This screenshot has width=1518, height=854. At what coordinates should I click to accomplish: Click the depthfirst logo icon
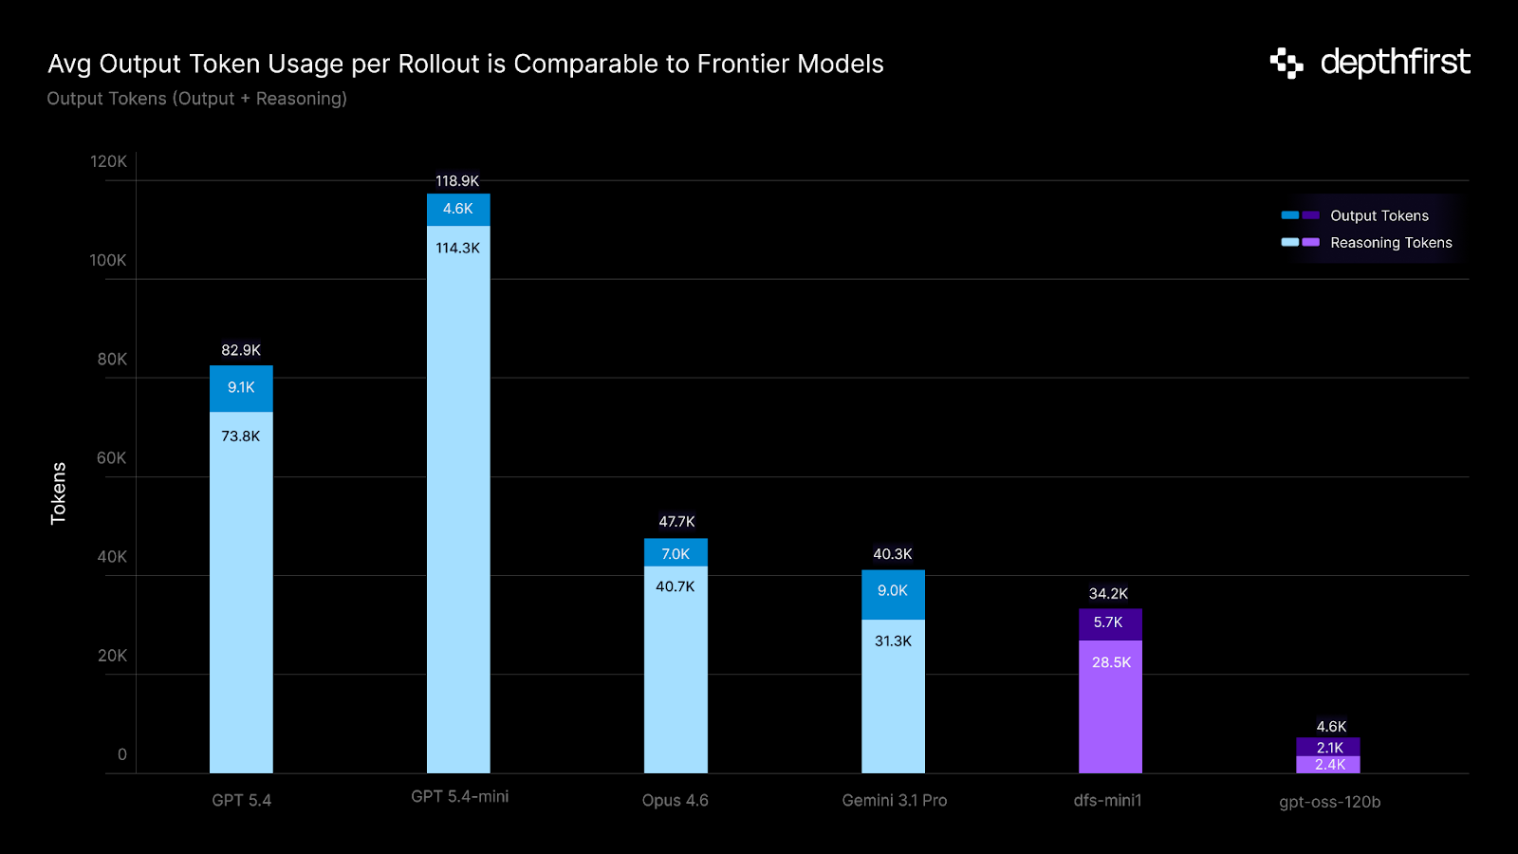(x=1287, y=63)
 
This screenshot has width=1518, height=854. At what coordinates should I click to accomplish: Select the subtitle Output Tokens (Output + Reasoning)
(x=196, y=99)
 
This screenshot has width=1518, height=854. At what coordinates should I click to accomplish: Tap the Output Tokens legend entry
(x=1379, y=215)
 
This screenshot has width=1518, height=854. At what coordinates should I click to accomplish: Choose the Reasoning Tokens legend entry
(x=1390, y=243)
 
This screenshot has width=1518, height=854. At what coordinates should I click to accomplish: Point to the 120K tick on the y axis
(x=108, y=161)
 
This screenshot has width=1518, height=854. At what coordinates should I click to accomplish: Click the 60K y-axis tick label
(x=111, y=457)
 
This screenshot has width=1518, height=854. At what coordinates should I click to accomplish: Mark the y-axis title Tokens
(x=59, y=493)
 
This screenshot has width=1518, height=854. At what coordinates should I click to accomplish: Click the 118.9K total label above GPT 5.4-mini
(x=457, y=180)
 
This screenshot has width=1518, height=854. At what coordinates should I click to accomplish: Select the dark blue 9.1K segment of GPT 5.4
(x=241, y=388)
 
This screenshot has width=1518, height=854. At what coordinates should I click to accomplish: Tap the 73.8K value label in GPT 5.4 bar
(x=240, y=436)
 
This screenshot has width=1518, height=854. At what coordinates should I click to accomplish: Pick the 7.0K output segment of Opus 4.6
(x=676, y=553)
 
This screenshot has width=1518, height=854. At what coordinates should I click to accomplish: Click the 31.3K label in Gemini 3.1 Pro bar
(x=893, y=641)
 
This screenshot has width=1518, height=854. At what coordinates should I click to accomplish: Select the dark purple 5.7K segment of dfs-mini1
(x=1108, y=623)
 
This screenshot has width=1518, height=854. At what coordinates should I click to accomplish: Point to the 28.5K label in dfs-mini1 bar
(x=1111, y=662)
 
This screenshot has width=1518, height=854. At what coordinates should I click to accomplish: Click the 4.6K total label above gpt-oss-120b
(x=1331, y=726)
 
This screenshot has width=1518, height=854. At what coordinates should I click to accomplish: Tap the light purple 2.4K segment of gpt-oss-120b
(x=1328, y=765)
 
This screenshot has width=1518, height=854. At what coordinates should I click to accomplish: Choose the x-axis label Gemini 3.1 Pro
(x=894, y=800)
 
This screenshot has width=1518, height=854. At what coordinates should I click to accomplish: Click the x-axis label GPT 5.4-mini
(x=459, y=796)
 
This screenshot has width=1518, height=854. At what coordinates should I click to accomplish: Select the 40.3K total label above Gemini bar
(x=892, y=554)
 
